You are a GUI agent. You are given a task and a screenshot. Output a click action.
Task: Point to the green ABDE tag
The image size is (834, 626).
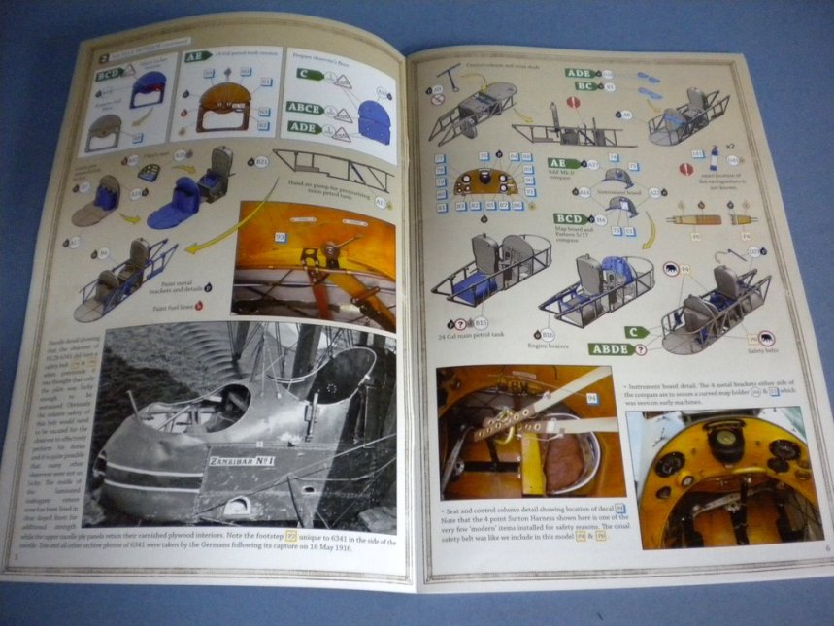pos(610,348)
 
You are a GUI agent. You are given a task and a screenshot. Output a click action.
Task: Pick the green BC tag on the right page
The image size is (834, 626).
pos(584,86)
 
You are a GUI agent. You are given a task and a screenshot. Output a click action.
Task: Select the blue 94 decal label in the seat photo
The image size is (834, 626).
pos(592,397)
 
